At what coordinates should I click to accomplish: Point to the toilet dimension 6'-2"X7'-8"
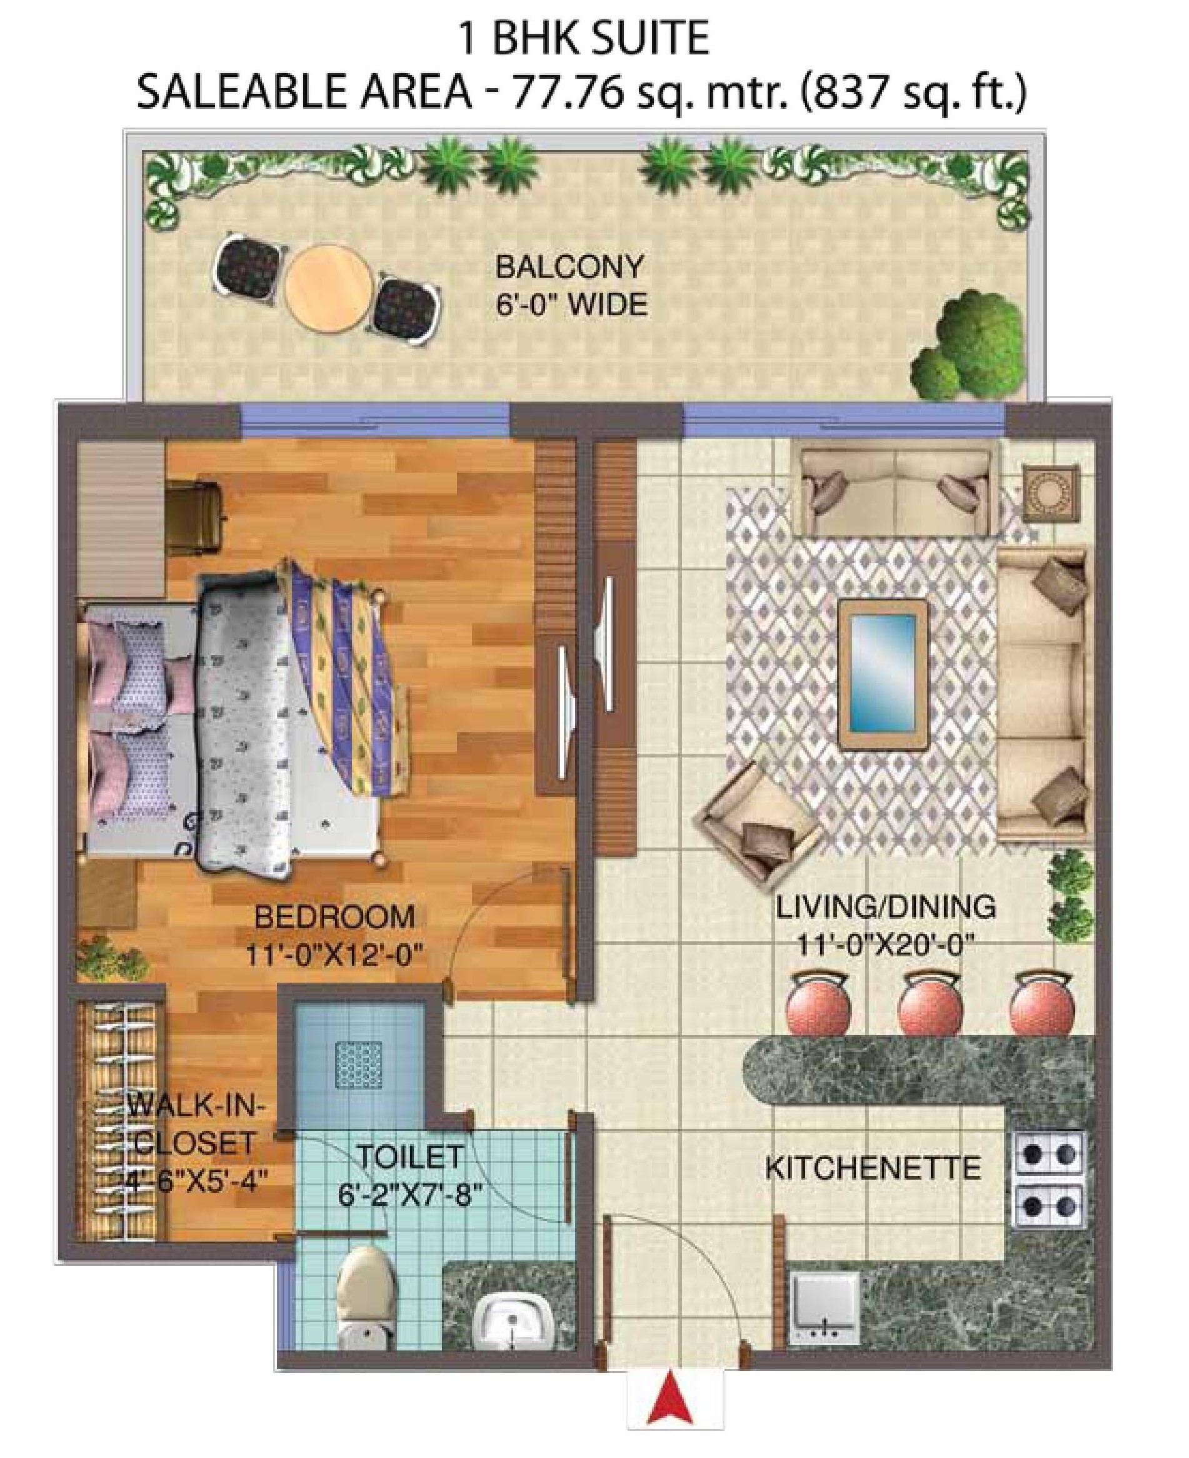point(411,1197)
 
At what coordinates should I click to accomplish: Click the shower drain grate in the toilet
point(358,1065)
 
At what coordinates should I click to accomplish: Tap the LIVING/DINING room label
point(886,907)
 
